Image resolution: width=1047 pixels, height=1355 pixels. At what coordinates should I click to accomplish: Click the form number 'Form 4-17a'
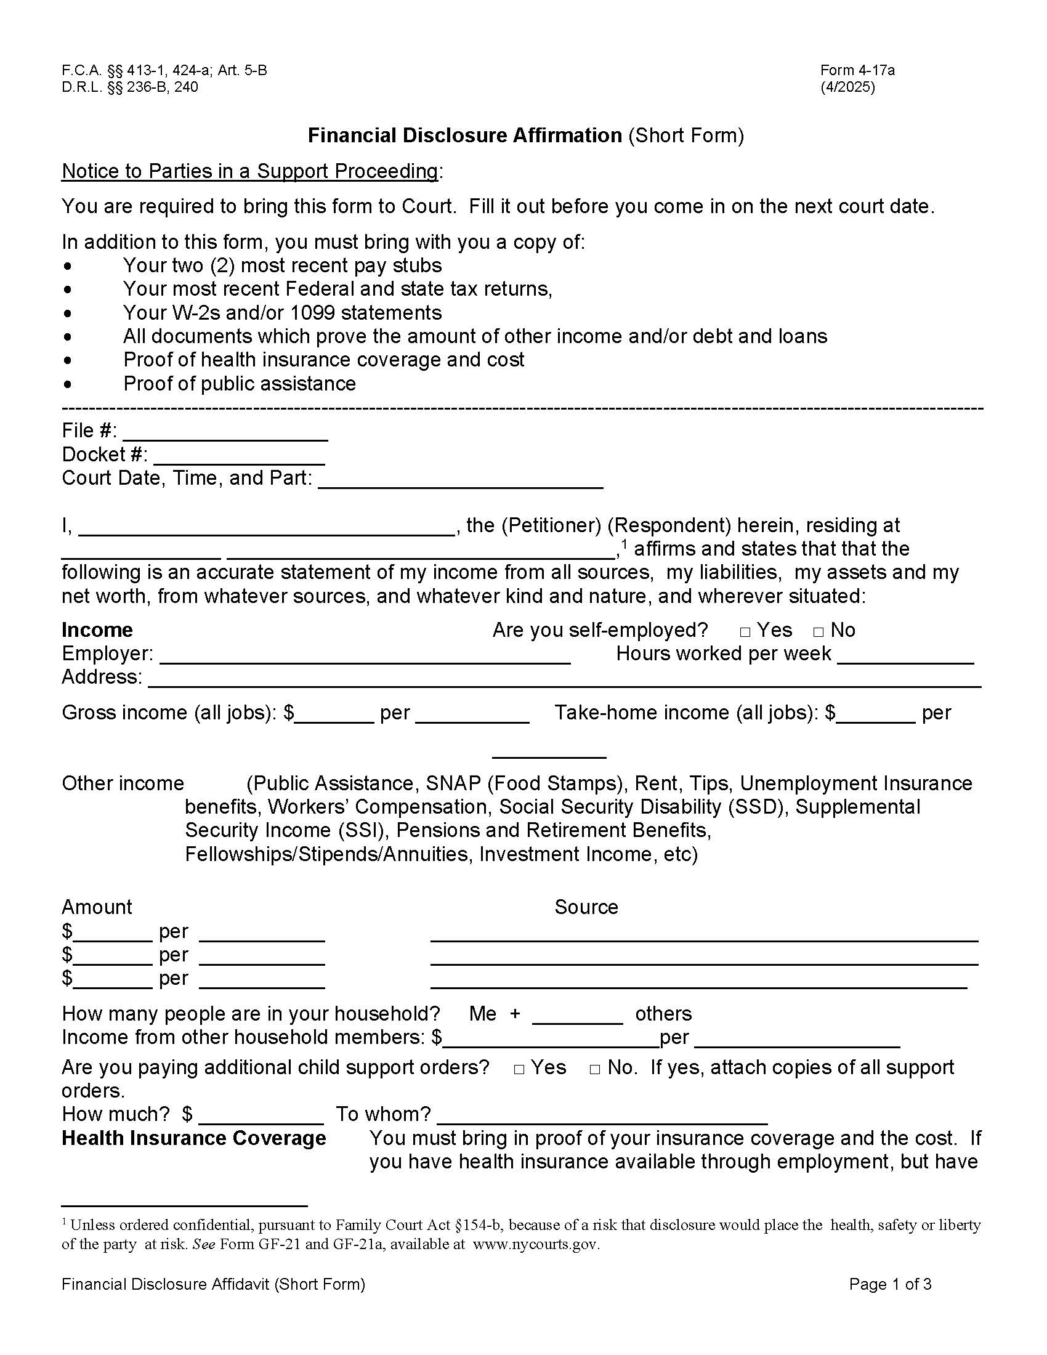857,70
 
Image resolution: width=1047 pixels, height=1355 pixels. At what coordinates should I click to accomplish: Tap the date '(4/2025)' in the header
847,87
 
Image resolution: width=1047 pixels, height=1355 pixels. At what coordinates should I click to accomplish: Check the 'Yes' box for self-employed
746,632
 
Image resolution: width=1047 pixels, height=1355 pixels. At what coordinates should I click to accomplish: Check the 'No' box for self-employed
819,632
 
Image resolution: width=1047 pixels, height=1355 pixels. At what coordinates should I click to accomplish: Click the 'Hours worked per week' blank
905,656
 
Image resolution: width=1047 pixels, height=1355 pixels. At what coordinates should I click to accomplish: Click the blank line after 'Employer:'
369,656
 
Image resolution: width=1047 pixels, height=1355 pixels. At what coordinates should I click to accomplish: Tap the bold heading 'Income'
97,629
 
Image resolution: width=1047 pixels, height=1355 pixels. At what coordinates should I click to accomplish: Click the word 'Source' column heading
586,907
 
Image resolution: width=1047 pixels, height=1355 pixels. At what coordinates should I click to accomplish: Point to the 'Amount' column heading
97,907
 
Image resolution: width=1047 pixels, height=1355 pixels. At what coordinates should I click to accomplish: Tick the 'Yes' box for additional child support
519,1070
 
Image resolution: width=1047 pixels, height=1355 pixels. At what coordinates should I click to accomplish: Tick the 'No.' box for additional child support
595,1070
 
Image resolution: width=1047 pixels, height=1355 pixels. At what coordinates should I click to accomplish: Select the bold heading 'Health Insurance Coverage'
193,1138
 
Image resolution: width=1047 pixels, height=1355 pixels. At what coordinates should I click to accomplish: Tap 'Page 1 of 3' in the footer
890,1284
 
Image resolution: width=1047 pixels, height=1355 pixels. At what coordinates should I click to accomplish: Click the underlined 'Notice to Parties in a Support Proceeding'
250,171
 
